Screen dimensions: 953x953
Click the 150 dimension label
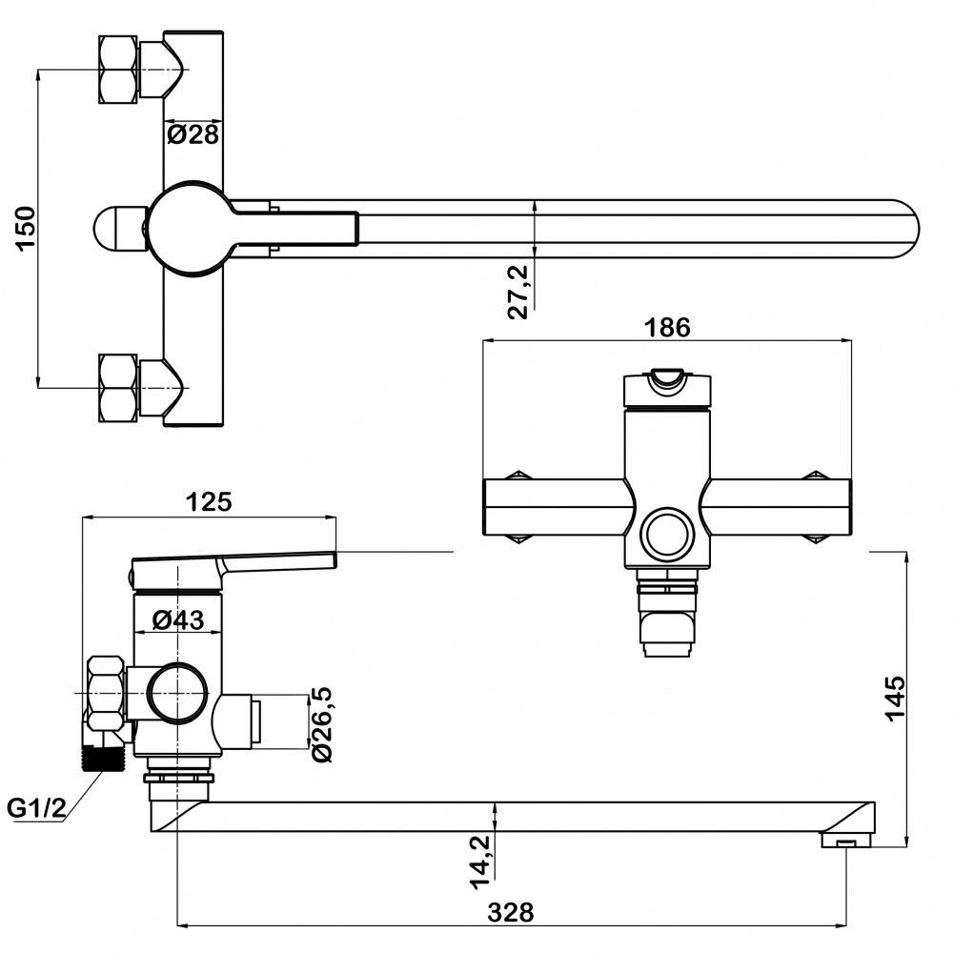coord(26,228)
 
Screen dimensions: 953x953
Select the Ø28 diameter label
coord(193,134)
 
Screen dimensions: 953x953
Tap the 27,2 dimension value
coord(517,292)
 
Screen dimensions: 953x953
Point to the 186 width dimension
coord(667,328)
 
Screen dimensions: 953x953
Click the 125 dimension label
coord(209,502)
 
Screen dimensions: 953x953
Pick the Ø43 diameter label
coord(178,619)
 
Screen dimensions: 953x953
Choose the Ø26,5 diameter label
coord(321,724)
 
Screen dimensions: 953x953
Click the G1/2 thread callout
coord(36,808)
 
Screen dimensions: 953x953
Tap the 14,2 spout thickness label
coord(480,862)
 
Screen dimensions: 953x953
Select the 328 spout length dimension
coord(511,912)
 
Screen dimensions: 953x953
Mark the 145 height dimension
coord(895,699)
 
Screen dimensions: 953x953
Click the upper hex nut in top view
coord(118,70)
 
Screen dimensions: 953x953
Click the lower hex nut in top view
coord(118,388)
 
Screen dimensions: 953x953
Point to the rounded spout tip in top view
coord(905,229)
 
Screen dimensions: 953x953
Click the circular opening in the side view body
coord(178,694)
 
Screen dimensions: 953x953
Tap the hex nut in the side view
coord(107,694)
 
